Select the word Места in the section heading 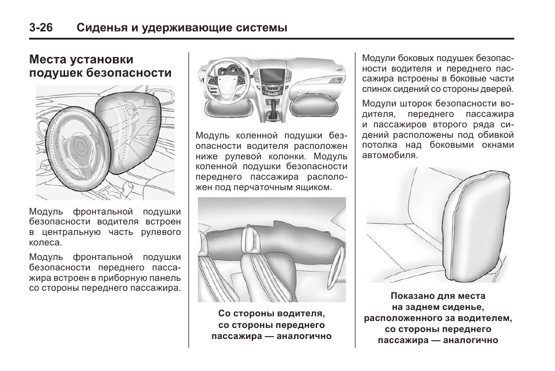coord(48,59)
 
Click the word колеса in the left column coord(45,243)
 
